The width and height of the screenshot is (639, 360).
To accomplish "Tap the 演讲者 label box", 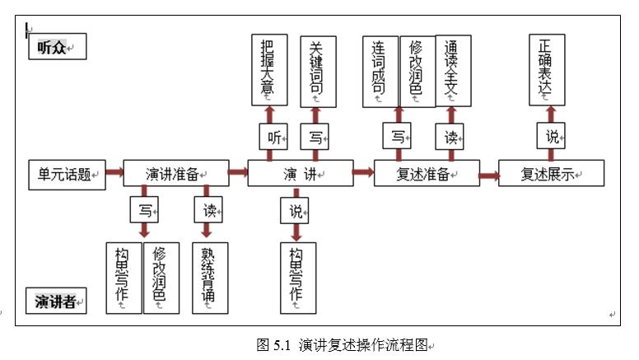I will tap(55, 302).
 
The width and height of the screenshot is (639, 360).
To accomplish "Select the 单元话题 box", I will tap(68, 174).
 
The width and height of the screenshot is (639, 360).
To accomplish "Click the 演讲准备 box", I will tap(175, 174).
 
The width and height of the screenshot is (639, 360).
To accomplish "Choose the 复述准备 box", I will tap(427, 174).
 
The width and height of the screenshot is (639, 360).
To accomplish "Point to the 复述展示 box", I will tap(551, 174).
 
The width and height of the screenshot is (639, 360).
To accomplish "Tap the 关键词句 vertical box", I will tap(317, 71).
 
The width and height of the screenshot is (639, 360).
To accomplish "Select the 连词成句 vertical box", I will tap(380, 71).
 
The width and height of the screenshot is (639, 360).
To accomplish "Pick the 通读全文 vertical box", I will tap(453, 71).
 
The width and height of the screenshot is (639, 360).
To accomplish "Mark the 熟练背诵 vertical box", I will tap(209, 278).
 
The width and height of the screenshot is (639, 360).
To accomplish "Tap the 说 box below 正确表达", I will tap(551, 137).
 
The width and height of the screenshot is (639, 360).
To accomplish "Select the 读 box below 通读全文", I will tap(450, 137).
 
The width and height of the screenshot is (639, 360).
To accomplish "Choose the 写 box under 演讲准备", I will tap(144, 209).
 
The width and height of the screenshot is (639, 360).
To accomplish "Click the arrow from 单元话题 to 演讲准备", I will tap(114, 173).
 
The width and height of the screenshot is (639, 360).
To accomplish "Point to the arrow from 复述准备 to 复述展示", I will tap(488, 174).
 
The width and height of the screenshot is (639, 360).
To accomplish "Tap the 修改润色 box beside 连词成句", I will tap(417, 71).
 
